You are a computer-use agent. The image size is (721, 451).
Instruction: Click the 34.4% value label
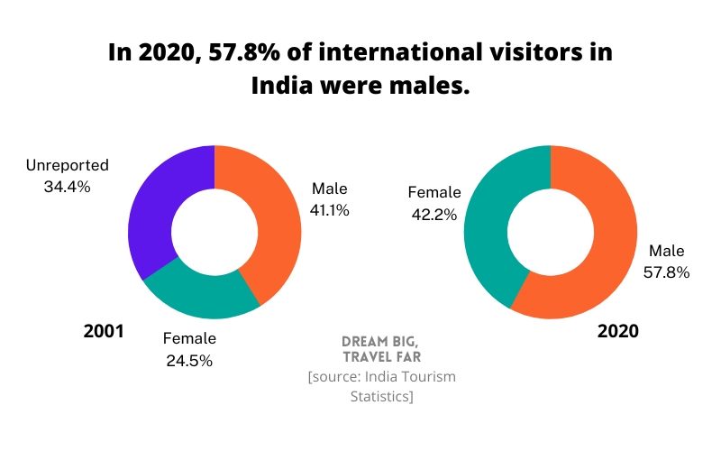pos(67,187)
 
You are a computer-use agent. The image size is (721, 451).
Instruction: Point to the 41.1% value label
pos(329,209)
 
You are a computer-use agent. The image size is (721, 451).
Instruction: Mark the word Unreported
pos(67,165)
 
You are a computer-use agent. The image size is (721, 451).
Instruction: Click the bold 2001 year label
pos(104,331)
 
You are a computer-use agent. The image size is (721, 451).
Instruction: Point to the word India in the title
pos(282,87)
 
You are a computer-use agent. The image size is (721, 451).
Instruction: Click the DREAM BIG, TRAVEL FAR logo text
pos(380,349)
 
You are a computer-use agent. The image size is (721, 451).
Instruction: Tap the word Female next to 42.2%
pos(434,192)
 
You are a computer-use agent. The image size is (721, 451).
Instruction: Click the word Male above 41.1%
pos(329,188)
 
